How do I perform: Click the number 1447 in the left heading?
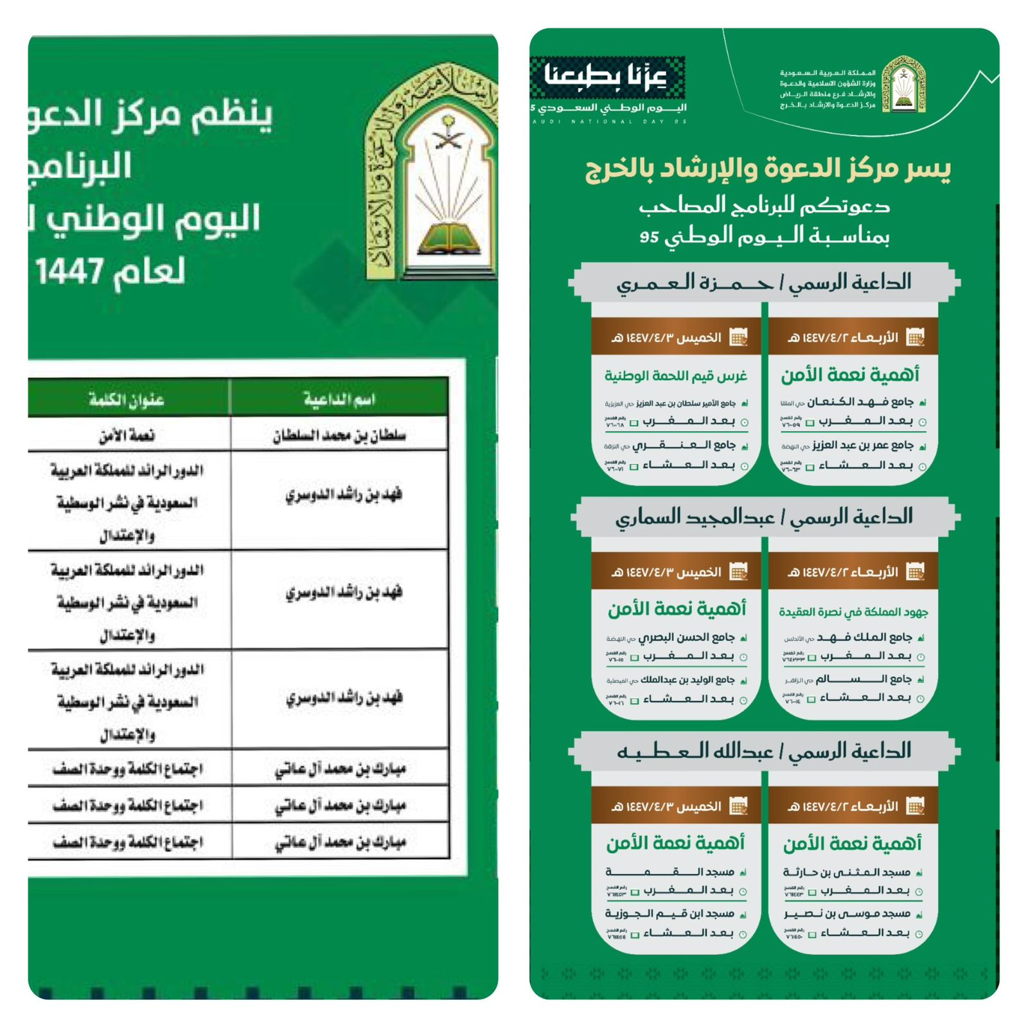[x=69, y=271]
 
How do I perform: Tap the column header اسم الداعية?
[x=339, y=399]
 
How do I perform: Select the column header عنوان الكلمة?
[x=127, y=400]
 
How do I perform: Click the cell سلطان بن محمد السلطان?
[x=339, y=436]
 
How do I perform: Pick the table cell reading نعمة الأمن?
[x=127, y=436]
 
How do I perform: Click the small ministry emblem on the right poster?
[x=903, y=84]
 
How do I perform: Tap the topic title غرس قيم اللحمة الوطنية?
[x=676, y=376]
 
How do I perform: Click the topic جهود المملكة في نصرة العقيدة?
[x=853, y=612]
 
